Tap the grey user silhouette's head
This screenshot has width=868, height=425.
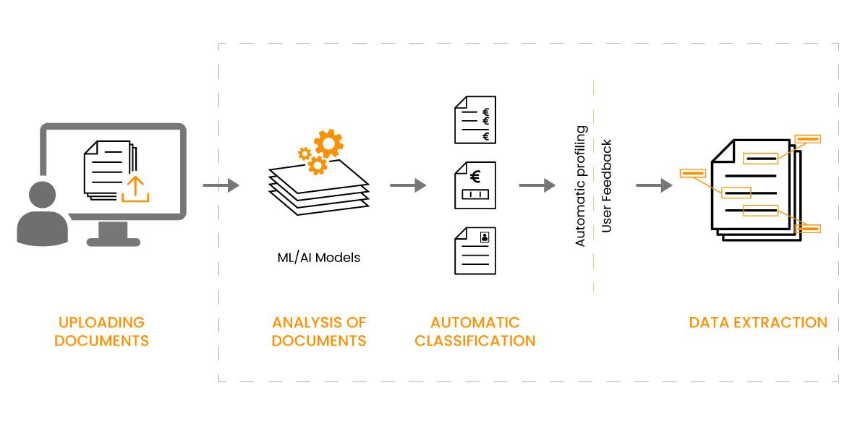[x=42, y=194]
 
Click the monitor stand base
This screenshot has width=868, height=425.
[x=113, y=243]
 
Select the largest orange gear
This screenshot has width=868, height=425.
[x=328, y=143]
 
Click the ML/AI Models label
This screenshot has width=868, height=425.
[x=318, y=258]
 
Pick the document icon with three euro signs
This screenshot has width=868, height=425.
[x=475, y=119]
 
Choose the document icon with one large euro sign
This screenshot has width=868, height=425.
[x=475, y=185]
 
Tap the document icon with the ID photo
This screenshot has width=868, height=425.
[x=475, y=251]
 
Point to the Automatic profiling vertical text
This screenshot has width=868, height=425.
[x=580, y=186]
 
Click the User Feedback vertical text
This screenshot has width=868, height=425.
[x=606, y=186]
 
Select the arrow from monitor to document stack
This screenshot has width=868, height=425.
[x=221, y=185]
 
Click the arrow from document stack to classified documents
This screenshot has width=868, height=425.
[x=408, y=185]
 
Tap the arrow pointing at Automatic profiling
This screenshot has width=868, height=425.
[x=537, y=185]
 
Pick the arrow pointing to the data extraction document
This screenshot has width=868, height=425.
[x=654, y=185]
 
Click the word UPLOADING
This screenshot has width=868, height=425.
[x=101, y=323]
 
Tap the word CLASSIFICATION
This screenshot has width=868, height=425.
[x=475, y=341]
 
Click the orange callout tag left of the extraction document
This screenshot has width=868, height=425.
[x=693, y=173]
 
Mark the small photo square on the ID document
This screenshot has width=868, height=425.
[x=485, y=237]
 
